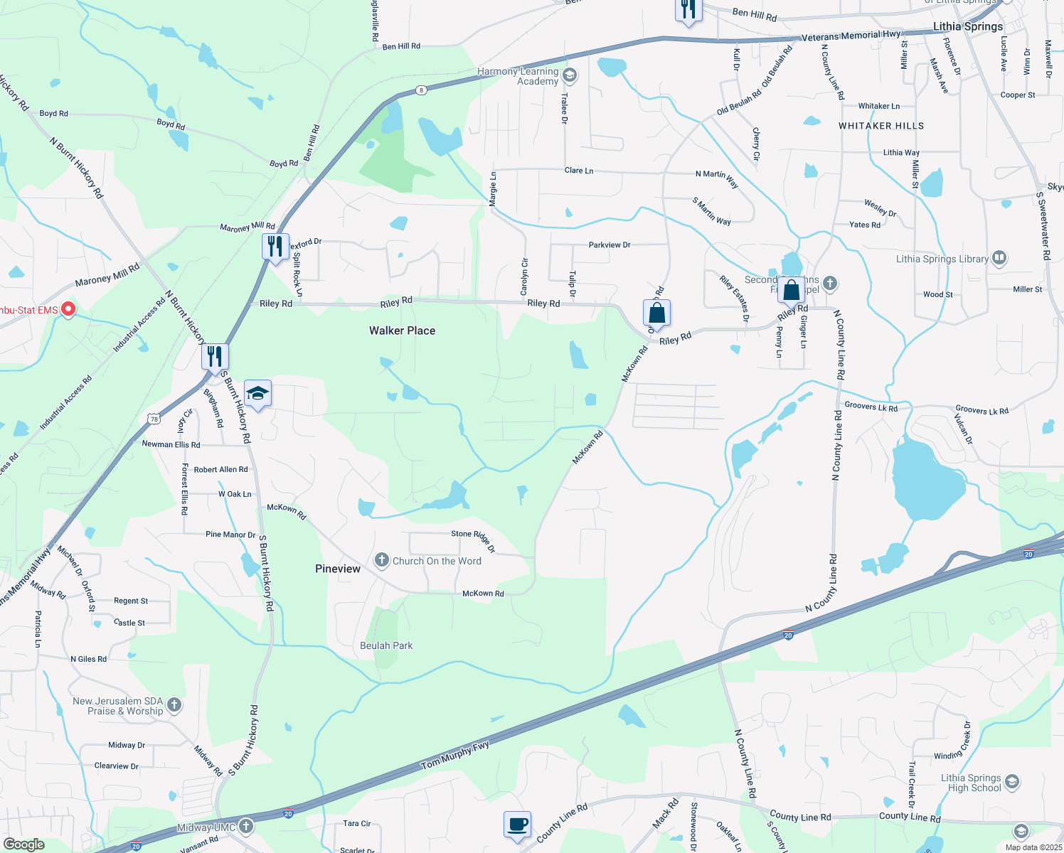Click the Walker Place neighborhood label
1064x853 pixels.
402,331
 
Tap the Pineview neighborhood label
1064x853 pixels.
338,569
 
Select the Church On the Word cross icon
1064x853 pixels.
382,560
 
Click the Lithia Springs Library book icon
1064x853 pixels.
999,257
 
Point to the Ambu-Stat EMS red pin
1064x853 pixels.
68,309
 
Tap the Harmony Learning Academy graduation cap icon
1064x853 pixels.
569,75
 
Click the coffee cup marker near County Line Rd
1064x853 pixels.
517,825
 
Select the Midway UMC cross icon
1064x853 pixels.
246,826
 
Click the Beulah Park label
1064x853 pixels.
386,645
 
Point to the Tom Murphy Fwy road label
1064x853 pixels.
455,756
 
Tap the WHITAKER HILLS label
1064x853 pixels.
881,126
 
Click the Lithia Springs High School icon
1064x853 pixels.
1012,783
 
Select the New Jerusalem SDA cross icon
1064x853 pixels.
174,705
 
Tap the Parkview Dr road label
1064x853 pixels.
610,245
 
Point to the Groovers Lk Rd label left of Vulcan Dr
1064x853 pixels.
871,407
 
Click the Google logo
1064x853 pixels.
24,844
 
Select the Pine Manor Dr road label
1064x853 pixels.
230,535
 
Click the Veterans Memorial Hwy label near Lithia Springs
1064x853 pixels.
851,36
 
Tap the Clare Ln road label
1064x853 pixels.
579,171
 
